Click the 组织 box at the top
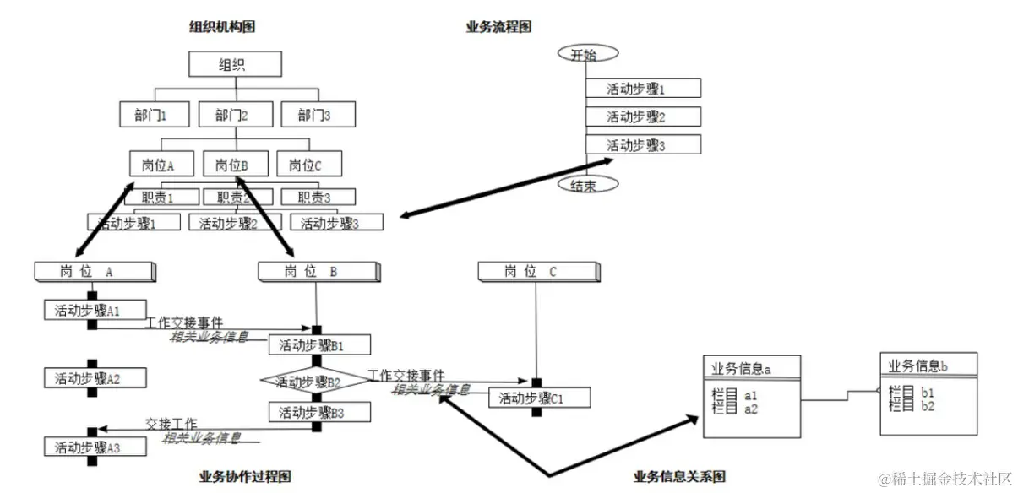(235, 64)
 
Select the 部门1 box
(150, 115)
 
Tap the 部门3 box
(318, 115)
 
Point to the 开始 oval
(587, 54)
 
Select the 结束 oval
(587, 185)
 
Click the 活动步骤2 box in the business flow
(643, 116)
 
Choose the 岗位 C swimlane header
(536, 271)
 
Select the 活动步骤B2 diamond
(314, 382)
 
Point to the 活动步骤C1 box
(539, 398)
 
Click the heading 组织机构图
(222, 27)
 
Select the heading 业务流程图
(499, 27)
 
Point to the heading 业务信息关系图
(679, 477)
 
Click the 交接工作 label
(171, 423)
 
